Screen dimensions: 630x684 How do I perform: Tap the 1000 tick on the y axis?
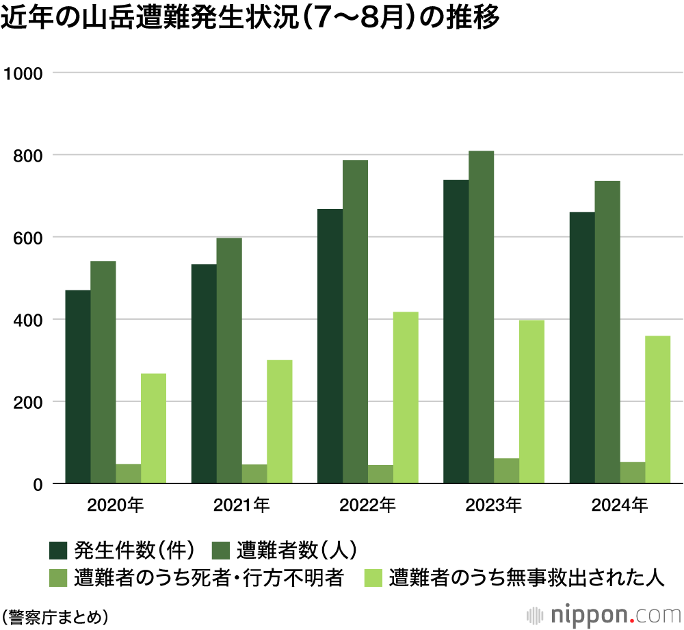point(25,73)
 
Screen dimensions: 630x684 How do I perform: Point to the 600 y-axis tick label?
point(28,238)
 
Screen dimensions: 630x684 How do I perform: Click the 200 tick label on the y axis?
point(28,402)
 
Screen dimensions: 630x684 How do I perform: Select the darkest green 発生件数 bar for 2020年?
point(78,387)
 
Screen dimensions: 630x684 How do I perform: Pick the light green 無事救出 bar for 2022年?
point(406,398)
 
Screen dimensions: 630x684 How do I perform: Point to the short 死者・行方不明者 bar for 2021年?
point(254,474)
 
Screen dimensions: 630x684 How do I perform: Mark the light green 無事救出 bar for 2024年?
point(657,409)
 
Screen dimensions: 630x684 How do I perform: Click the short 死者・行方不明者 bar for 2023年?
point(506,471)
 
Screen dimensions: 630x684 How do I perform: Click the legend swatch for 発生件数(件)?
point(58,550)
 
